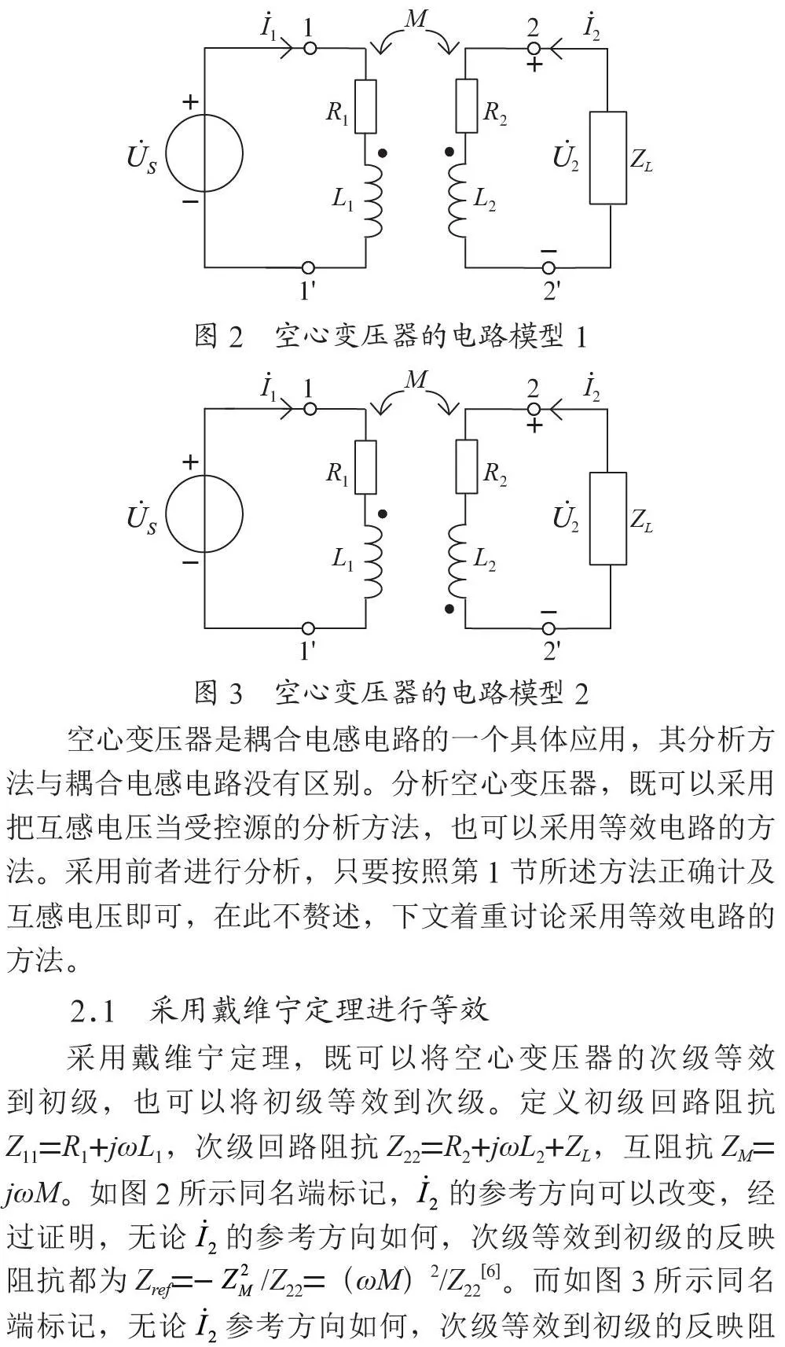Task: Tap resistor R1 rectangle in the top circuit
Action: (x=365, y=106)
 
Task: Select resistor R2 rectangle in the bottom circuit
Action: (x=467, y=466)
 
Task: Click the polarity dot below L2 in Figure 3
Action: (x=449, y=609)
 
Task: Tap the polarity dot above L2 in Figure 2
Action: (x=449, y=152)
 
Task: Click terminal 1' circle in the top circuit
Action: (x=308, y=267)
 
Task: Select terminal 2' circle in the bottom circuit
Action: (x=548, y=627)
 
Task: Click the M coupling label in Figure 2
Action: (x=416, y=19)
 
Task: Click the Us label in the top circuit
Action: (x=141, y=157)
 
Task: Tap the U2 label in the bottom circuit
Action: (x=565, y=518)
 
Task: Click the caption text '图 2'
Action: (x=218, y=336)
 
